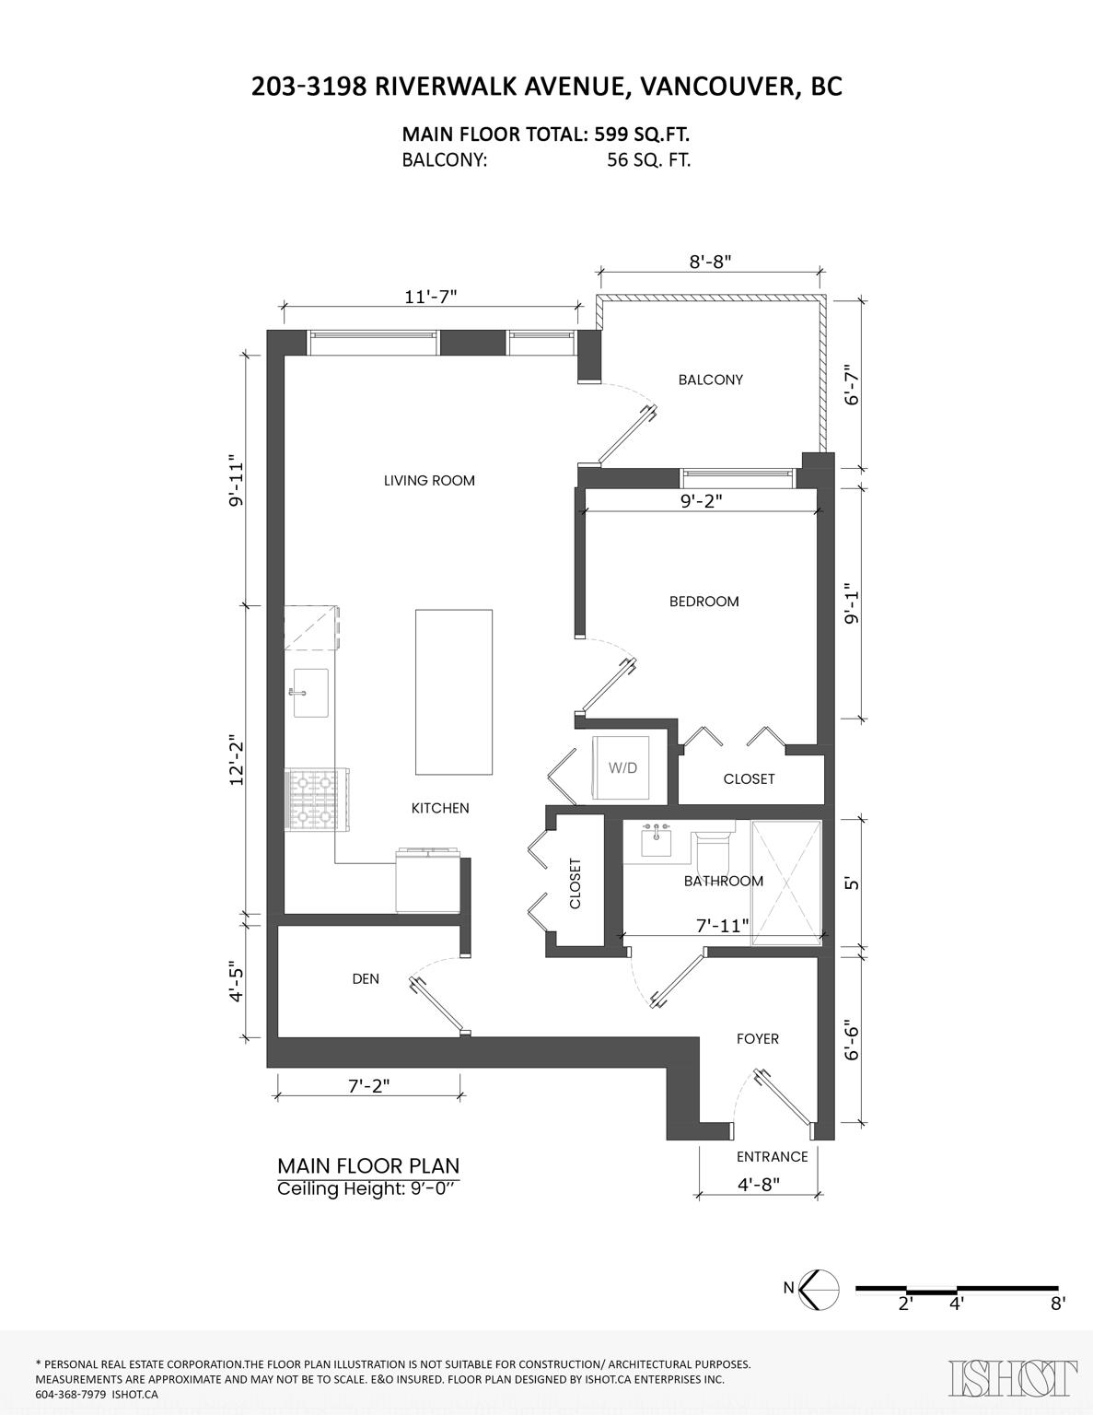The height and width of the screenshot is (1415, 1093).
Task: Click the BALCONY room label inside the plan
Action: tap(711, 380)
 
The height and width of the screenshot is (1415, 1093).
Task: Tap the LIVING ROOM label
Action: tap(429, 481)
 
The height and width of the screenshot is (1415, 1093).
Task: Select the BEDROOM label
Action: tap(703, 601)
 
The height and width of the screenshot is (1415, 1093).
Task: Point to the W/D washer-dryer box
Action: tap(621, 767)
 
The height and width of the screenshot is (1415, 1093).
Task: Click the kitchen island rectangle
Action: tap(454, 692)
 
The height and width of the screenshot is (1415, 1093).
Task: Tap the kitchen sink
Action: tap(311, 693)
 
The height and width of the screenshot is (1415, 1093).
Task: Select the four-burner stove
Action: tap(318, 800)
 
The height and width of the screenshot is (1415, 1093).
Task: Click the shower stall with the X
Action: tap(786, 883)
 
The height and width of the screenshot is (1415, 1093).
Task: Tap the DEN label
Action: tap(366, 978)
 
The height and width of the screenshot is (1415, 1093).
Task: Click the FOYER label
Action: tap(757, 1038)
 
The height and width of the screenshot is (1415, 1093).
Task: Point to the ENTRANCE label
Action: tap(773, 1156)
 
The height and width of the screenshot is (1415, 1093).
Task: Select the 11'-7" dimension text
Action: tap(431, 297)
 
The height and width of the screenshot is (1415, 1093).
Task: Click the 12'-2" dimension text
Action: tap(236, 763)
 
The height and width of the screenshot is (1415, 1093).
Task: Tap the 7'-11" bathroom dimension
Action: tap(723, 925)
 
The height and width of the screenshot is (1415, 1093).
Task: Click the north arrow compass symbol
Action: tap(819, 1287)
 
